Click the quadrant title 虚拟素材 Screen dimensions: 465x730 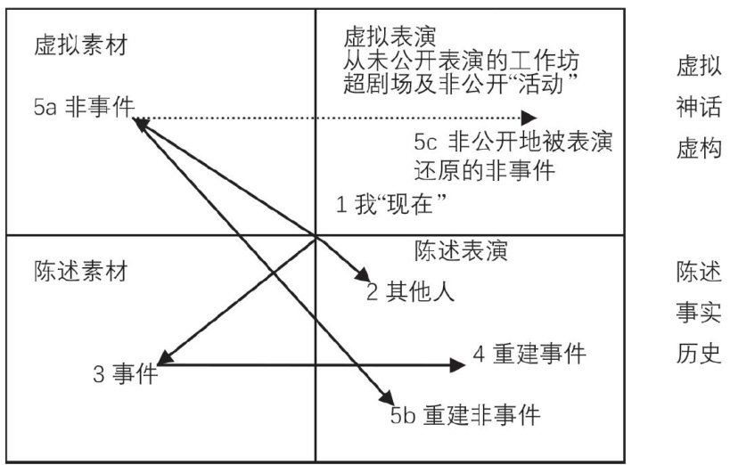(80, 46)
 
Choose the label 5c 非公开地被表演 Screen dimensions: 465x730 (513, 143)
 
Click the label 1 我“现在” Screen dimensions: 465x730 (390, 204)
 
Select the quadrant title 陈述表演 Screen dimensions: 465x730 (461, 251)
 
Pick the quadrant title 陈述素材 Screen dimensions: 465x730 (80, 271)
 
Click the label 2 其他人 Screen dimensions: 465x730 (411, 291)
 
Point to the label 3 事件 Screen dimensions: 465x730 (126, 374)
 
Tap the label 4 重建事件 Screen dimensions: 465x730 (529, 355)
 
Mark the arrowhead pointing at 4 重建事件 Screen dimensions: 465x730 (457, 363)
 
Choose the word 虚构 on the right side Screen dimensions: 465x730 (693, 148)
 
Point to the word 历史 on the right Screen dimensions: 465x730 (693, 353)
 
